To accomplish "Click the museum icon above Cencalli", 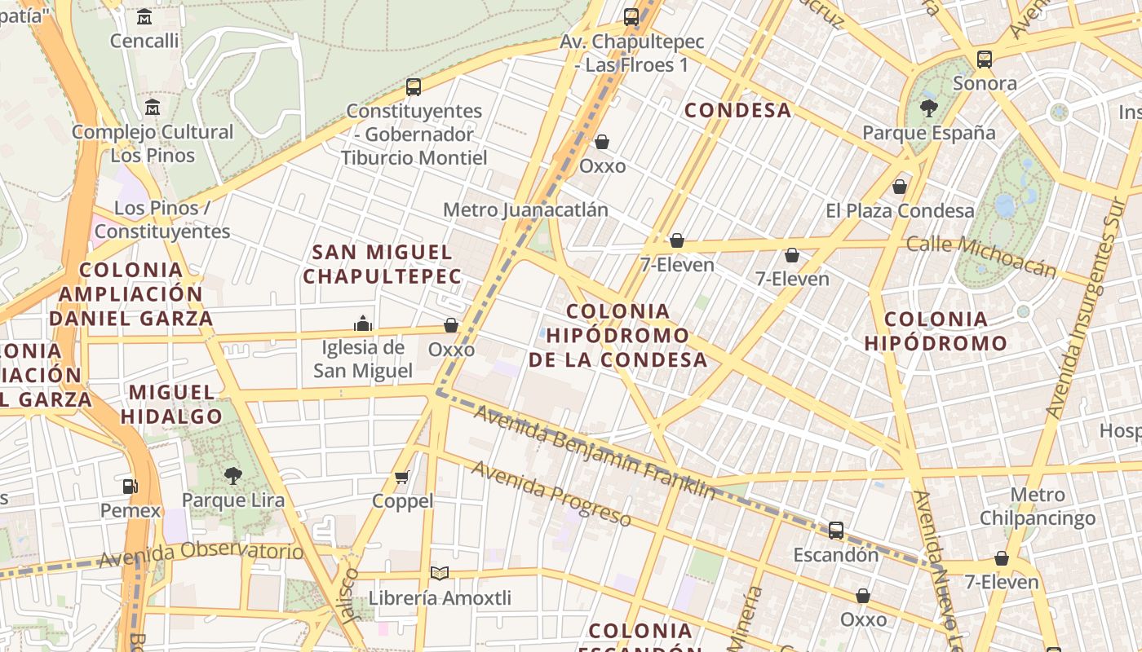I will (x=144, y=16).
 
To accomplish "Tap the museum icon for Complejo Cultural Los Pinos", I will (x=153, y=107).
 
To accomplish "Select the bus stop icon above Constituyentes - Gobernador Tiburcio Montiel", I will (x=414, y=86).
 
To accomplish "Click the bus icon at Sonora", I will (x=985, y=59).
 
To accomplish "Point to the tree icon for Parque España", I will (x=928, y=108).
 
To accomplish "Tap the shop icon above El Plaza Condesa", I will (x=900, y=187).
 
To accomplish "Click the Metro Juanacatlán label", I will (x=525, y=209).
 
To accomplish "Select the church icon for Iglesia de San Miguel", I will (x=363, y=324).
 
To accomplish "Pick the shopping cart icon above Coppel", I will (x=402, y=477).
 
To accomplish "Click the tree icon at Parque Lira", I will (x=233, y=475).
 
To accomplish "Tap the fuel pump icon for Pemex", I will (x=131, y=487).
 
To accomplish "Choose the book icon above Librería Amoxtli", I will (x=440, y=574).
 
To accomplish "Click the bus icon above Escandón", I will (x=836, y=531).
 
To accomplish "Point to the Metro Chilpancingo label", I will (x=1037, y=506).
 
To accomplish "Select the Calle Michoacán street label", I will (x=980, y=256).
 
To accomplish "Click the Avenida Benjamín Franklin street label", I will (x=594, y=452).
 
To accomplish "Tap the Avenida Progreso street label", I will (x=551, y=493).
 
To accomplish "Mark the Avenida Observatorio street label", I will (x=201, y=555).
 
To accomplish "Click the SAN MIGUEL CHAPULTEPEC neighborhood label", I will (x=382, y=264).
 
